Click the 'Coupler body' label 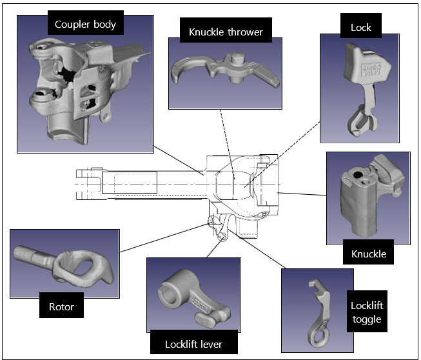pos(85,25)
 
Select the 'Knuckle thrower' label pos(226,31)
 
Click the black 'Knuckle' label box pos(369,254)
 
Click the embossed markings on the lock pos(375,70)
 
